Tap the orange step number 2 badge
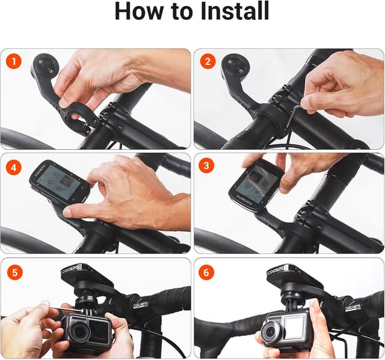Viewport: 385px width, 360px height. point(208,62)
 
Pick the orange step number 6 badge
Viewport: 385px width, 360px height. point(208,272)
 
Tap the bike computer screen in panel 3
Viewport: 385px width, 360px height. point(258,183)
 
